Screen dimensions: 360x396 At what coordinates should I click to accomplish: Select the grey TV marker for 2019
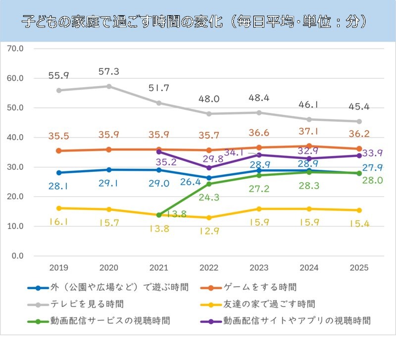[59, 91]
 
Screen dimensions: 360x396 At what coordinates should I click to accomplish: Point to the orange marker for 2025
[359, 149]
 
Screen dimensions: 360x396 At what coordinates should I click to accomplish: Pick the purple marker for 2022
[209, 168]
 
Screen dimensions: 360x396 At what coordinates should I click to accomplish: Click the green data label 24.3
[209, 197]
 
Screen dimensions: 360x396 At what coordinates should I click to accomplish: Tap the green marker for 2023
[259, 175]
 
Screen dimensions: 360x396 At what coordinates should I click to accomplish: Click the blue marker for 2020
[109, 170]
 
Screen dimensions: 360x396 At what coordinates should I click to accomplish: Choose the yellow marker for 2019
[59, 208]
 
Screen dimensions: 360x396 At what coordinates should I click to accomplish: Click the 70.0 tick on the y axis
[17, 49]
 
